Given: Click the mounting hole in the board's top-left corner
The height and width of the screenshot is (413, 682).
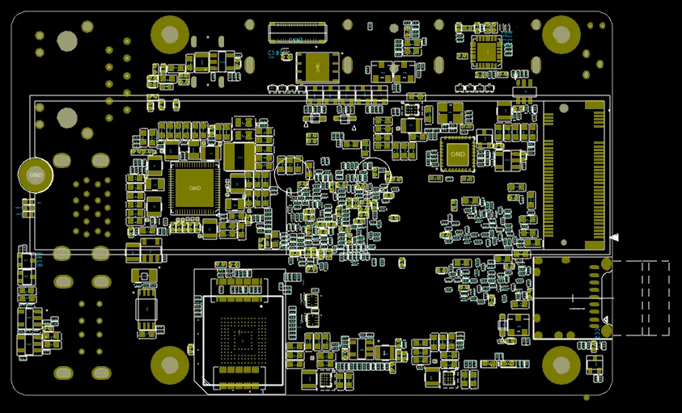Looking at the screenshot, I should pyautogui.click(x=170, y=35).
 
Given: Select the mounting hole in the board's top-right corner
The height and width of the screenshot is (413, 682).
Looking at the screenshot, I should pyautogui.click(x=560, y=34).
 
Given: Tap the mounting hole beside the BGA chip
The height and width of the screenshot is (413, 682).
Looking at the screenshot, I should pyautogui.click(x=170, y=365).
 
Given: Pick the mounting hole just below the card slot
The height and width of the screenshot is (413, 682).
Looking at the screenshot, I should pyautogui.click(x=560, y=364).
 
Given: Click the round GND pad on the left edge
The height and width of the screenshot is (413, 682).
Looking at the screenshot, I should pyautogui.click(x=36, y=174).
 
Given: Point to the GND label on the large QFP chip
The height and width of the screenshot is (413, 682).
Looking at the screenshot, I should pyautogui.click(x=194, y=188).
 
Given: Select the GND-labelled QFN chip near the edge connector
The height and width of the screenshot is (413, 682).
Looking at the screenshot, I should pyautogui.click(x=458, y=154).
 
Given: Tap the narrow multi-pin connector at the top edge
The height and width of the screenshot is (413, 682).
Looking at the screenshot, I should pyautogui.click(x=297, y=32).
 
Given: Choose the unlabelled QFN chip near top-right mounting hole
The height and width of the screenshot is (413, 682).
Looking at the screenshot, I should pyautogui.click(x=486, y=52).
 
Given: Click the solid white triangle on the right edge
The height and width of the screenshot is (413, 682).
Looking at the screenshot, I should pyautogui.click(x=614, y=237).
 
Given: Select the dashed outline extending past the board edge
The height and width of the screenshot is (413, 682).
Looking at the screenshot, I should pyautogui.click(x=644, y=297).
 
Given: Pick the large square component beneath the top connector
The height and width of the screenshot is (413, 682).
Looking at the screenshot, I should pyautogui.click(x=317, y=67).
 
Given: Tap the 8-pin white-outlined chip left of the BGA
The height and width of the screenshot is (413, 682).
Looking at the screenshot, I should pyautogui.click(x=146, y=307).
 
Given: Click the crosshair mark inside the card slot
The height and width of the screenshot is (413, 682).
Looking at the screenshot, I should pyautogui.click(x=575, y=308).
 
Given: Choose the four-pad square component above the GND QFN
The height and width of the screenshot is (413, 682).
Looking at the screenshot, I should pyautogui.click(x=450, y=112).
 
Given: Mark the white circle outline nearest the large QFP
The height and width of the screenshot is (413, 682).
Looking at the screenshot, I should pyautogui.click(x=289, y=173).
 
